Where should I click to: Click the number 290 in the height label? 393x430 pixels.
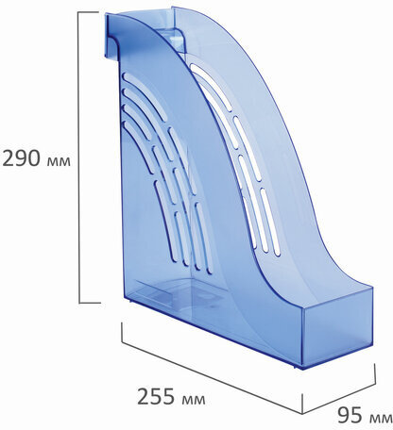21,157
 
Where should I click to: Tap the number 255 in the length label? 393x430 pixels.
156,396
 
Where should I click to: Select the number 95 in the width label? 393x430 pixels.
350,416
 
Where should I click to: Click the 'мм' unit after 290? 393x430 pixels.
59,161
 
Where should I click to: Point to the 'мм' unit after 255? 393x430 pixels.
194,400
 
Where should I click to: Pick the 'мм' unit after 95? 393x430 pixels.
381,419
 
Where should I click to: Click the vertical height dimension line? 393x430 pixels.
78,157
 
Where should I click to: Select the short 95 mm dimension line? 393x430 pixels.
339,398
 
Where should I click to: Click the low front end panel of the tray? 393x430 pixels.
337,328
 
